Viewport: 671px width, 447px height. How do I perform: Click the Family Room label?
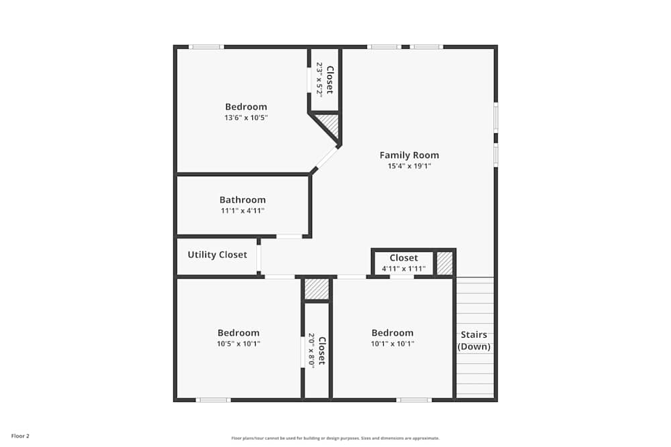coord(409,155)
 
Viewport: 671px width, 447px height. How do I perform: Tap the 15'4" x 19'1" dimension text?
coord(409,166)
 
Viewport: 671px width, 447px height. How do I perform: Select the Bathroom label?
coord(242,200)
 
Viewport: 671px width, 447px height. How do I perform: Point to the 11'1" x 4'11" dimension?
coord(242,210)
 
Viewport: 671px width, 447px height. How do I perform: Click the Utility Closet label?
coord(217,255)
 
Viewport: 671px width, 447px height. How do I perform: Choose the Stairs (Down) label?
coord(474,341)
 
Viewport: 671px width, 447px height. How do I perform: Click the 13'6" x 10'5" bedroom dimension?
coord(246,118)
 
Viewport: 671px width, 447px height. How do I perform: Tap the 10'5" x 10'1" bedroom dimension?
coord(238,344)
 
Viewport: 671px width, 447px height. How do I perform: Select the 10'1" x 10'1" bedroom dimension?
coord(393,344)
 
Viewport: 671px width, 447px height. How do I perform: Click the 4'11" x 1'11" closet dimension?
coord(403,269)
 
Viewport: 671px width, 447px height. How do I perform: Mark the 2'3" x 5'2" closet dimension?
coord(320,80)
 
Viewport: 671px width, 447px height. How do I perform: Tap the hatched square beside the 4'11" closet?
coord(445,263)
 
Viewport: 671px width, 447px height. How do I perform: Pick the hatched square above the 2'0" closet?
coord(317,289)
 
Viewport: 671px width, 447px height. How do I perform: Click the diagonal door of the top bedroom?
coord(326,159)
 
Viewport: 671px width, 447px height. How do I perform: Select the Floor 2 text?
coord(20,436)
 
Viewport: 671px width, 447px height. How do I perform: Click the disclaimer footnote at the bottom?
coord(335,438)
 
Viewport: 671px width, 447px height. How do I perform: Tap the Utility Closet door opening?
coord(259,255)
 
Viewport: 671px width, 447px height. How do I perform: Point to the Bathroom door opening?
coord(289,236)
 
